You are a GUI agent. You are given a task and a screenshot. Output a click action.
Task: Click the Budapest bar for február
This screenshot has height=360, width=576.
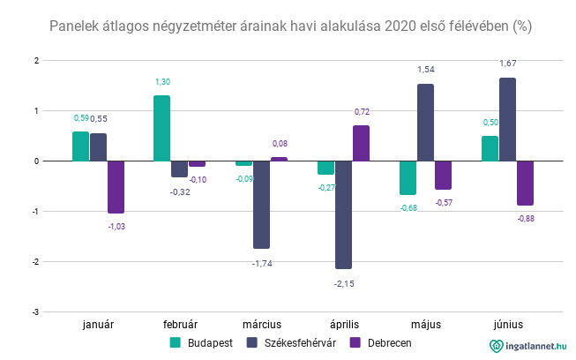[x=161, y=128]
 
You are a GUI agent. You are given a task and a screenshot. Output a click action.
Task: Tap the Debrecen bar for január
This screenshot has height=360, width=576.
[x=116, y=187]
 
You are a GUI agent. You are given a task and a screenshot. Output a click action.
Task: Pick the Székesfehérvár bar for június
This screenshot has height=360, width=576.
[x=507, y=119]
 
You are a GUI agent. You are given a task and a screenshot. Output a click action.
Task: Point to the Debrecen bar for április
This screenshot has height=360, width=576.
[x=361, y=143]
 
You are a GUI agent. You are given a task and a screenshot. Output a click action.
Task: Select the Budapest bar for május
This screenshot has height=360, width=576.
[x=408, y=177]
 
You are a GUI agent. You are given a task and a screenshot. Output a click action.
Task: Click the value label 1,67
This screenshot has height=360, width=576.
[x=508, y=64]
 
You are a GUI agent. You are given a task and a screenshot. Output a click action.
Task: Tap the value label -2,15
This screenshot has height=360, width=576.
[x=344, y=283]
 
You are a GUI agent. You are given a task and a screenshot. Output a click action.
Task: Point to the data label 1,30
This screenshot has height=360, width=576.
[x=162, y=81]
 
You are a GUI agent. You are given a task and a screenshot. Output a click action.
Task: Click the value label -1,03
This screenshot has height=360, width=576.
[x=116, y=228]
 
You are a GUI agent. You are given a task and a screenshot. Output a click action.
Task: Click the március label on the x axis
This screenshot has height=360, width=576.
[x=261, y=325]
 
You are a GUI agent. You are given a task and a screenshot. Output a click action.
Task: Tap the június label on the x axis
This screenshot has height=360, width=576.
[x=507, y=325]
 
